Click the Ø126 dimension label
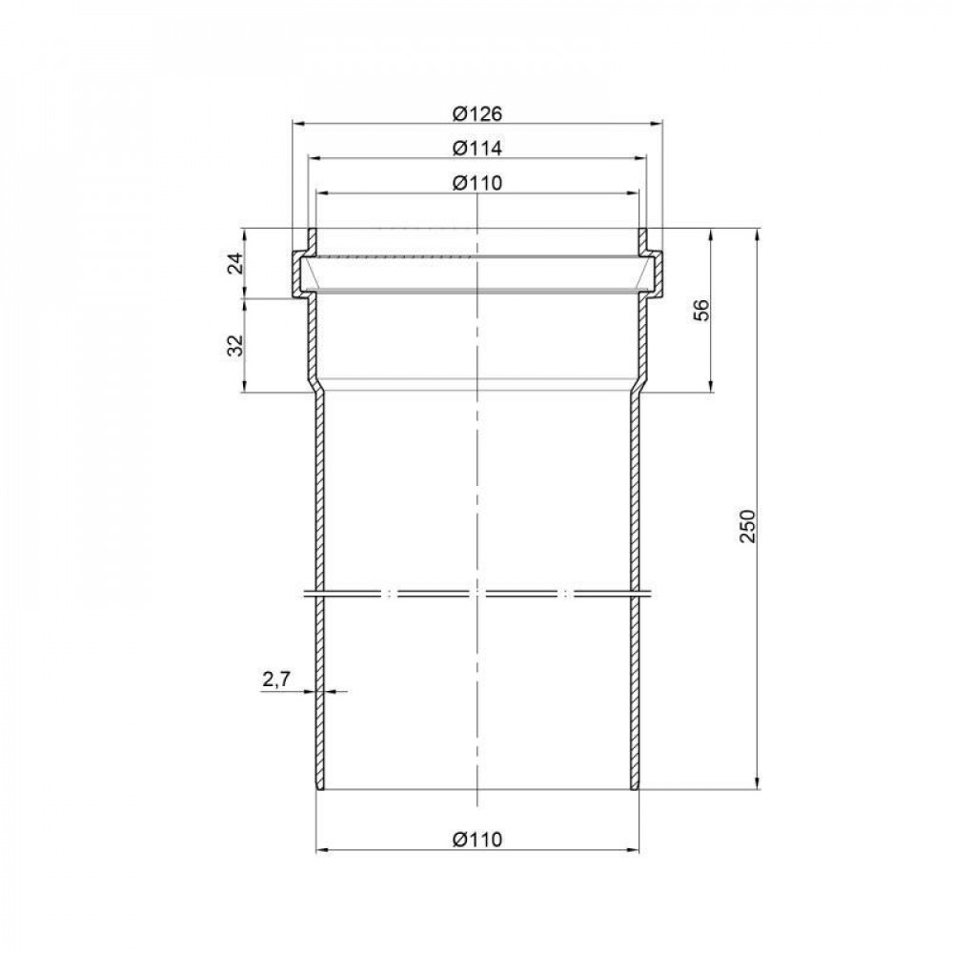(477, 113)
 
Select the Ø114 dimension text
(477, 148)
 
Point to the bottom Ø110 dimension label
(477, 840)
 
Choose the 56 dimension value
(701, 310)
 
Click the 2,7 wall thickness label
(276, 679)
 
